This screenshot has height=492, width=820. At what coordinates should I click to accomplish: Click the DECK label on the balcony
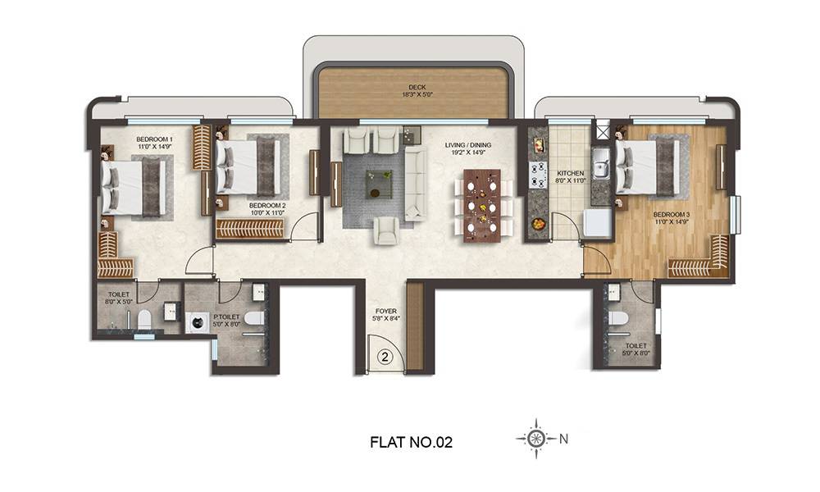(x=417, y=87)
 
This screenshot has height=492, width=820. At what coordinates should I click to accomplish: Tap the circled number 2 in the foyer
(x=385, y=357)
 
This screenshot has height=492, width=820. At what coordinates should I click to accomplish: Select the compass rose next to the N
(x=535, y=439)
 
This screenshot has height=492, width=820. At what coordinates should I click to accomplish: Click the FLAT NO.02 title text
(x=411, y=442)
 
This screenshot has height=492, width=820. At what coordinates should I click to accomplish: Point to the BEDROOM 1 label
(x=154, y=140)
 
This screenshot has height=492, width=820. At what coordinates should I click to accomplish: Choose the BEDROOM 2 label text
(x=266, y=205)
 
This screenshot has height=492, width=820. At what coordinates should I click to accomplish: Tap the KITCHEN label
(x=569, y=175)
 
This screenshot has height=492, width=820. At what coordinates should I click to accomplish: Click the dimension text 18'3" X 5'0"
(x=417, y=95)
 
